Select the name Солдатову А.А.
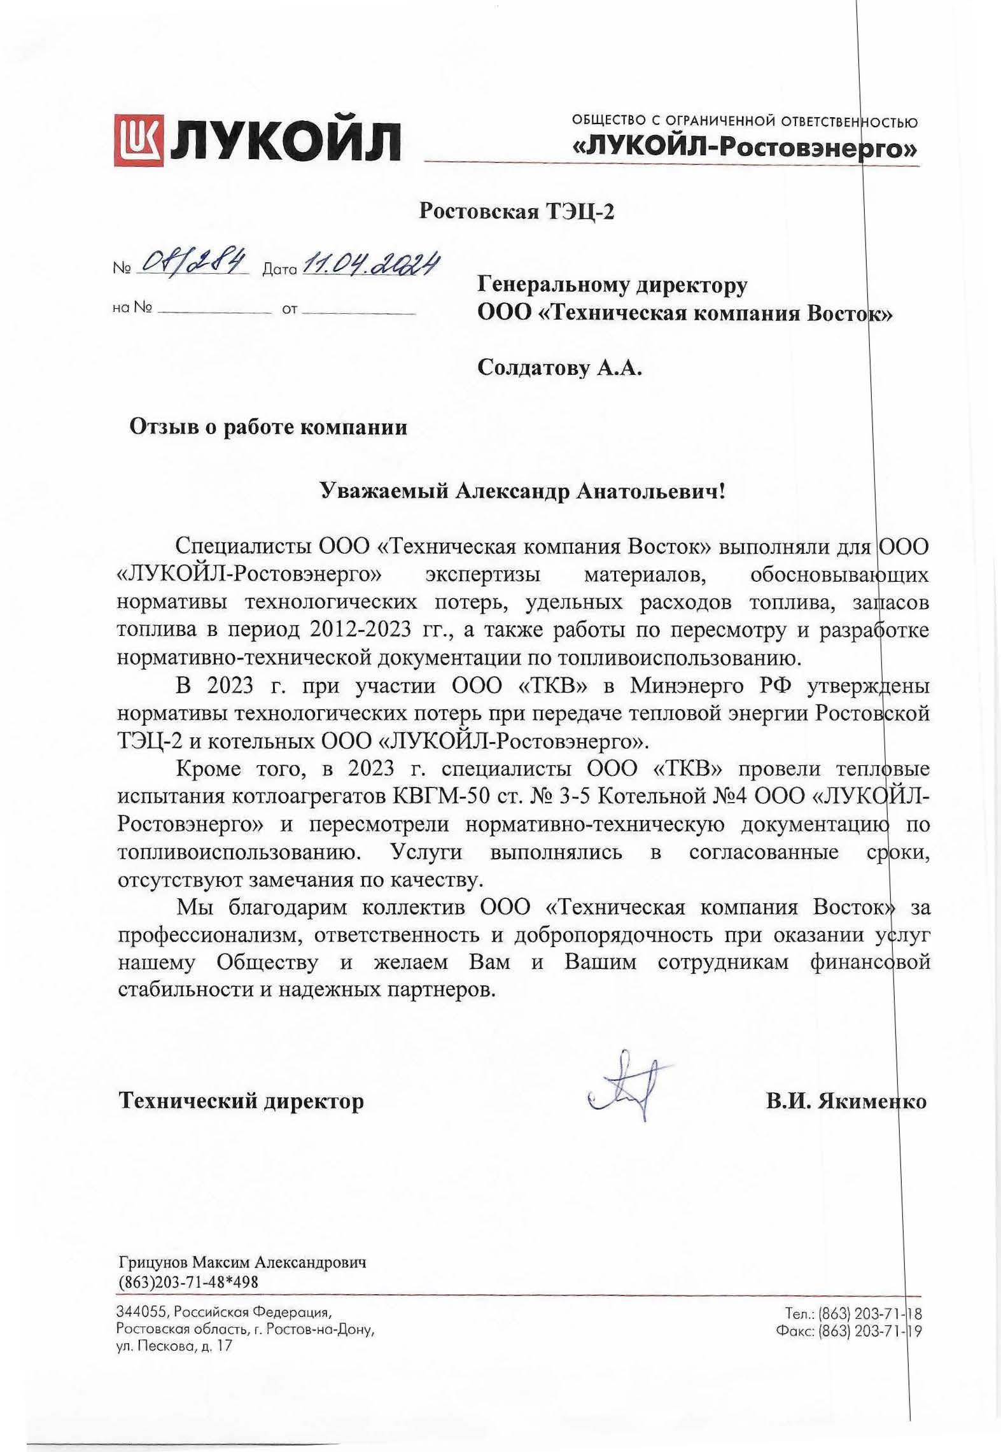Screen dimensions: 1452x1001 (x=559, y=368)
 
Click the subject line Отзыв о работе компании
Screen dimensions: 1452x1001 (x=268, y=426)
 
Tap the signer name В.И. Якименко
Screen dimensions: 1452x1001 (x=846, y=1101)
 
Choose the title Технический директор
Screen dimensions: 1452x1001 (x=241, y=1101)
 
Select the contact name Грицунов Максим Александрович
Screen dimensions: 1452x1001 (x=242, y=1262)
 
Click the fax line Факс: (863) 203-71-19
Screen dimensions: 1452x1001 (x=849, y=1330)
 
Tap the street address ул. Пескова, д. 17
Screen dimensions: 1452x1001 (x=174, y=1346)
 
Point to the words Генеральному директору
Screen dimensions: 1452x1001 (x=613, y=286)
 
